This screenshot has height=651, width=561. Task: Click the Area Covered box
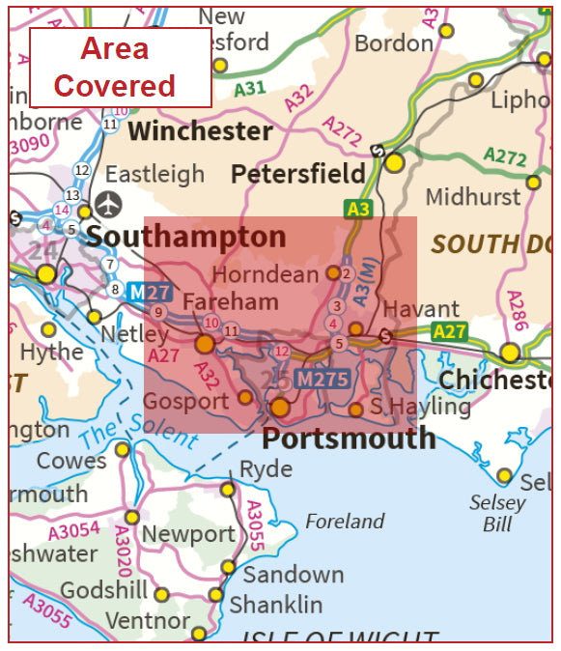[120, 67]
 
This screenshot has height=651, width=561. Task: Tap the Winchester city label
[200, 130]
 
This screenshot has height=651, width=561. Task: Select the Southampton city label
[186, 237]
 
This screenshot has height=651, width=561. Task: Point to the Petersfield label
[297, 174]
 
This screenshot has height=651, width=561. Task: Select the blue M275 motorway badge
[322, 380]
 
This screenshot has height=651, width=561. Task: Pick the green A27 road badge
[449, 331]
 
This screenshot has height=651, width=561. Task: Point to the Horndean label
[265, 274]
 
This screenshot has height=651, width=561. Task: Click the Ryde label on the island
[266, 468]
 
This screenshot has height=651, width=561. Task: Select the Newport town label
[187, 533]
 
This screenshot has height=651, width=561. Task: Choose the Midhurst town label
[472, 196]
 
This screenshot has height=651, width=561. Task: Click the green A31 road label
[250, 89]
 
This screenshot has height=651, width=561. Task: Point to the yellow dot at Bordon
[445, 31]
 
